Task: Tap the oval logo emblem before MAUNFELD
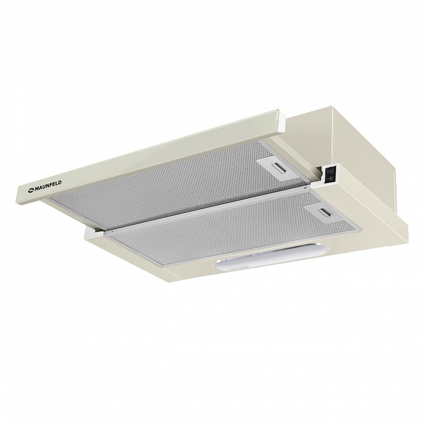pyautogui.click(x=30, y=191)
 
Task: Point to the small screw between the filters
pyautogui.click(x=306, y=187)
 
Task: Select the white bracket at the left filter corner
pyautogui.click(x=94, y=232)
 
